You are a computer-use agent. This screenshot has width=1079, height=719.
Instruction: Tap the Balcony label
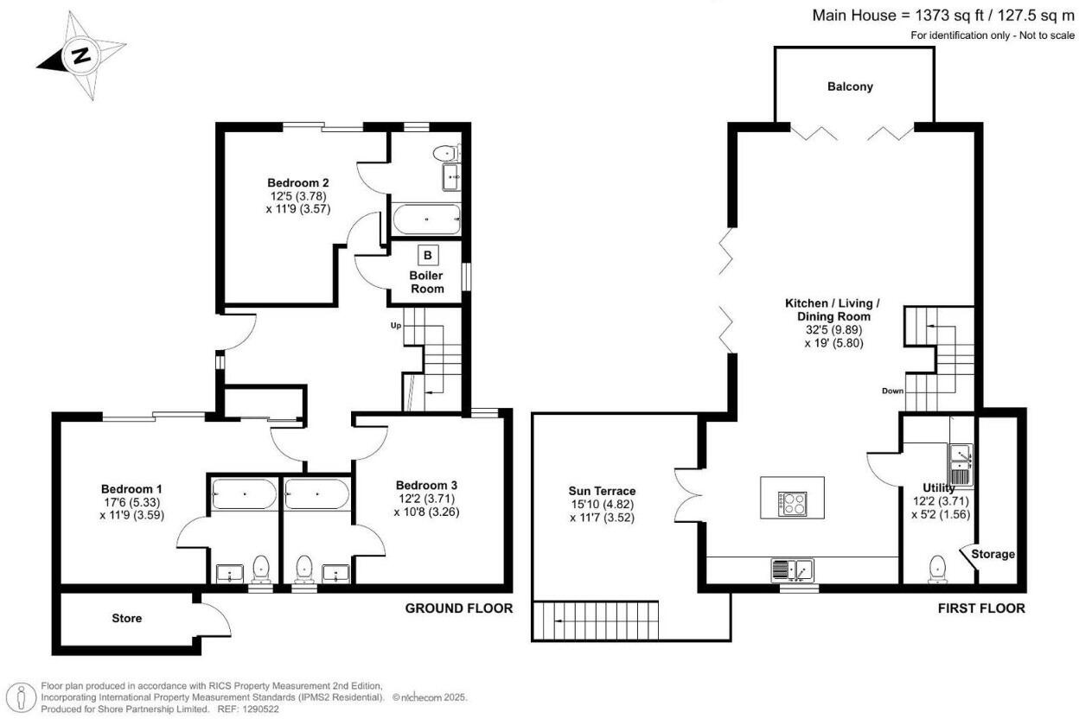pos(850,86)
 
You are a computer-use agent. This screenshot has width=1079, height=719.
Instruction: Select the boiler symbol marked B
pos(428,255)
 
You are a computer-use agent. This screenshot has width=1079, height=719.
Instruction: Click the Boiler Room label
pos(426,283)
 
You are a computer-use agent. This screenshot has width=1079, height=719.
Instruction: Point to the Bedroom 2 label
pos(298,183)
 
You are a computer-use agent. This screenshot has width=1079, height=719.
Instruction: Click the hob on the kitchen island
pos(792,504)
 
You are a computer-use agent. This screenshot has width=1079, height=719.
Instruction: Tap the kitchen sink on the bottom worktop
pos(792,570)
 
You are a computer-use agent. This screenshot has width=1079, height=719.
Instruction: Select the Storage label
pos(993,554)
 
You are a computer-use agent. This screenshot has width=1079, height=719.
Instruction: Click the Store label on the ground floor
pos(127,619)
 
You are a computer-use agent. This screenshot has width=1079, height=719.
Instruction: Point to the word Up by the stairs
pos(395,326)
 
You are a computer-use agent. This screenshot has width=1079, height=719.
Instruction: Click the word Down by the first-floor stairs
pos(892,391)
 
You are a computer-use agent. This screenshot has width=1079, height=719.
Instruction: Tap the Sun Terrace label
pos(602,491)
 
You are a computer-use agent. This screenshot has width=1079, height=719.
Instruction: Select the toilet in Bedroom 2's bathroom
pos(445,154)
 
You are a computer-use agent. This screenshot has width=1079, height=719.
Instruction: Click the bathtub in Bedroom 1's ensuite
pos(244,493)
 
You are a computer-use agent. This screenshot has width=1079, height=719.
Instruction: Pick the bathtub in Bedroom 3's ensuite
pos(316,493)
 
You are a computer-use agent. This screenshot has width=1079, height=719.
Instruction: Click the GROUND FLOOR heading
pos(458,608)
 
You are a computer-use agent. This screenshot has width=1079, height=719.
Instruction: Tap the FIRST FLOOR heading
pos(981,608)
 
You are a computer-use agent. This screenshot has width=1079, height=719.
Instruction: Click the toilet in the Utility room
pos(937,569)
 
